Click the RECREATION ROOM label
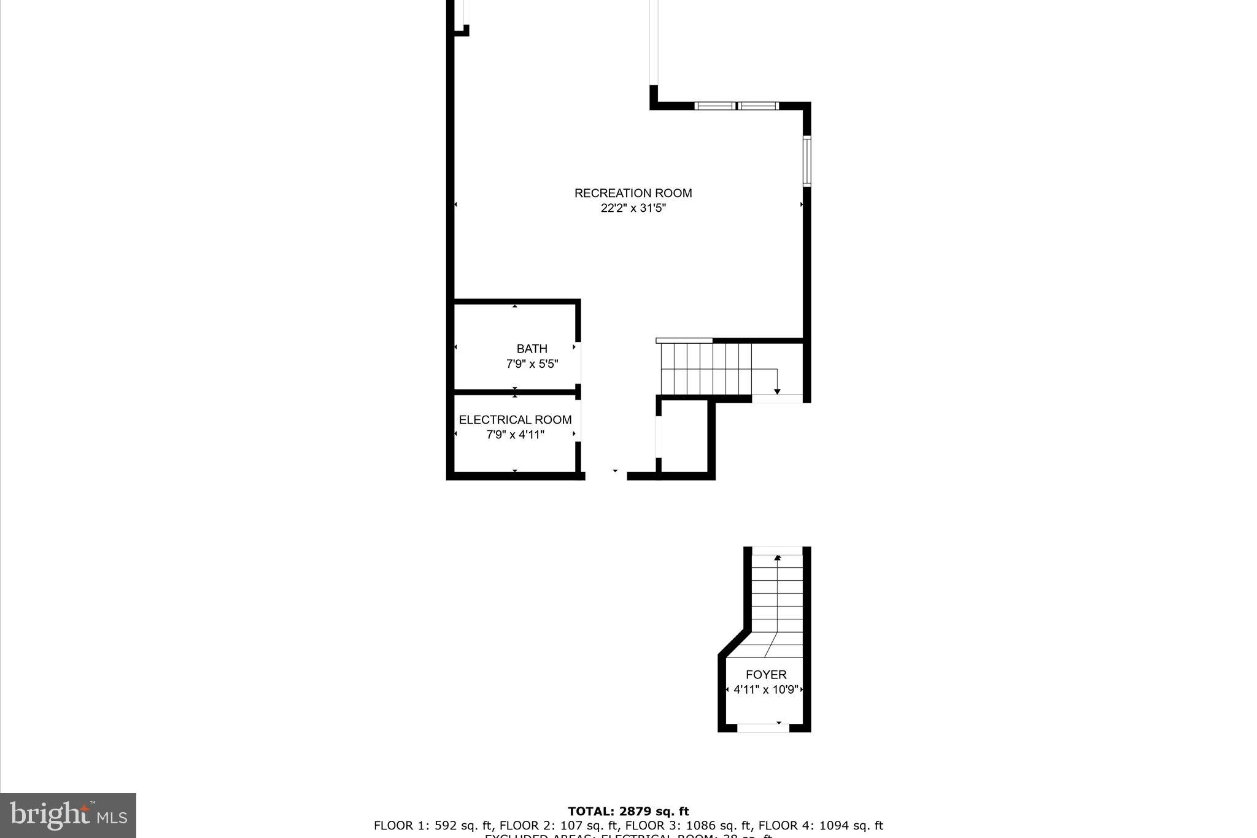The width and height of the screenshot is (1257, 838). (x=633, y=193)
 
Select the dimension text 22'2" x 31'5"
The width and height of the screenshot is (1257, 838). (x=633, y=208)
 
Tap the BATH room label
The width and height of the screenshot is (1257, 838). (x=532, y=349)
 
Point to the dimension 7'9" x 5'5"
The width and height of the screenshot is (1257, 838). (x=532, y=364)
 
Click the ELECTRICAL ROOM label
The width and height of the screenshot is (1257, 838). (x=515, y=420)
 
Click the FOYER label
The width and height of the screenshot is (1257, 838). (x=765, y=675)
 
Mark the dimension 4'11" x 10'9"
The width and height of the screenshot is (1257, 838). (x=765, y=689)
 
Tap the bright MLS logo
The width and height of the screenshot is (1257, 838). (x=68, y=815)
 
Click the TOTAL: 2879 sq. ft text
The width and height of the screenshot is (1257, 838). (x=628, y=812)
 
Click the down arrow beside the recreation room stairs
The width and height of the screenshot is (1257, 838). (x=777, y=391)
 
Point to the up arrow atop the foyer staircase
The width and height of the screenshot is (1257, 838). (x=778, y=557)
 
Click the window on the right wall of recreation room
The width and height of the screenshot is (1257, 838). (x=807, y=161)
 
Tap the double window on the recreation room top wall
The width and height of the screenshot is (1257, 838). (x=737, y=106)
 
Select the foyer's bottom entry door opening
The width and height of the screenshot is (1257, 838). (x=762, y=728)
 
